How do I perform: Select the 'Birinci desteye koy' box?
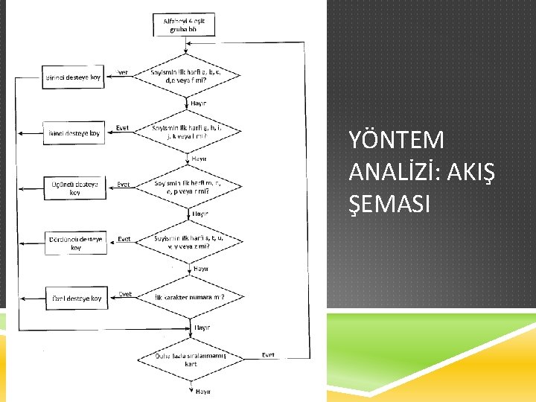click(74, 77)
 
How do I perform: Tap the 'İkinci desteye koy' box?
click(74, 133)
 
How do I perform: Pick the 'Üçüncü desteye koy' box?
click(75, 188)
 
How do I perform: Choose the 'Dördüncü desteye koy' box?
click(75, 243)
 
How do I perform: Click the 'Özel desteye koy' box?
click(75, 298)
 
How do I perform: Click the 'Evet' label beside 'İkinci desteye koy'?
click(122, 127)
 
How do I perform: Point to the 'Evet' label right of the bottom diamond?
click(268, 355)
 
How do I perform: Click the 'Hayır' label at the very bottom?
click(202, 390)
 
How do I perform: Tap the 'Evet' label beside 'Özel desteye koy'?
click(125, 293)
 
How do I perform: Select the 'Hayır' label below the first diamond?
click(199, 103)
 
